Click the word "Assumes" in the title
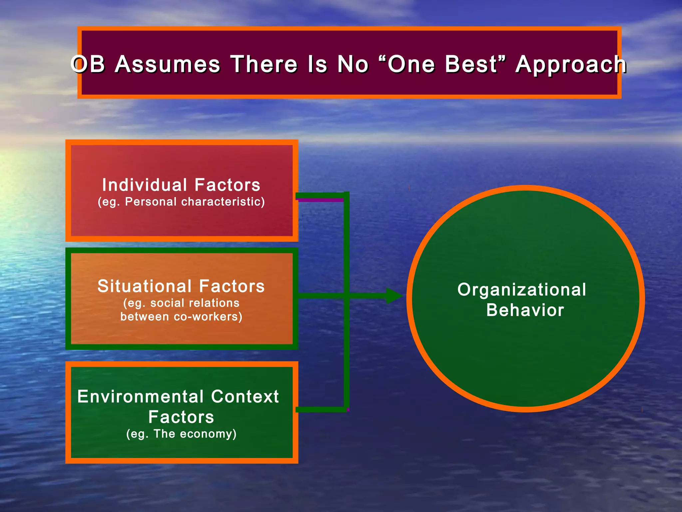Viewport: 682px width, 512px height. tap(168, 64)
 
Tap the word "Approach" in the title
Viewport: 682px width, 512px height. tap(571, 65)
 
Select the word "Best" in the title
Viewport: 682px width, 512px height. tap(471, 64)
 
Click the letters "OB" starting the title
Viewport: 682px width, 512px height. tap(88, 64)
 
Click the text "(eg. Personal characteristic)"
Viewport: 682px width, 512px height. tap(181, 202)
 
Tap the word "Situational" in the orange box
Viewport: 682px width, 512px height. tap(145, 286)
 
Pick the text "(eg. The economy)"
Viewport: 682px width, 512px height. tap(181, 434)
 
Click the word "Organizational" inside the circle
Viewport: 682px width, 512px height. tap(521, 290)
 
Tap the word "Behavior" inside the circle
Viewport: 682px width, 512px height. tap(525, 310)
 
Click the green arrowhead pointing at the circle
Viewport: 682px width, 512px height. tap(394, 296)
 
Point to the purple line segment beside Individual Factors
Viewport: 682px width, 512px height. tap(320, 200)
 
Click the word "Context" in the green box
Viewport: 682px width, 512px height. tap(245, 397)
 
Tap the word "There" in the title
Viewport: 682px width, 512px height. tap(264, 64)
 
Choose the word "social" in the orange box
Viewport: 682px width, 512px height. tap(167, 303)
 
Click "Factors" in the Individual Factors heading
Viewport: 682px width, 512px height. tap(227, 185)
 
